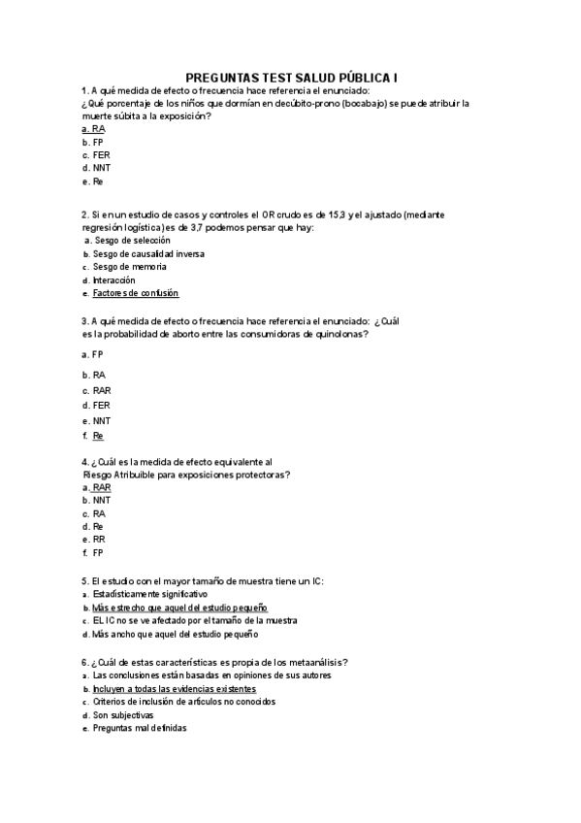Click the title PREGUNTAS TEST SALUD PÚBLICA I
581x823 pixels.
pyautogui.click(x=291, y=77)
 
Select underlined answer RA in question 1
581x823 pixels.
pyautogui.click(x=98, y=129)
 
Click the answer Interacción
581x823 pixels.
pyautogui.click(x=113, y=280)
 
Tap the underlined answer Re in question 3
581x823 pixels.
pyautogui.click(x=98, y=437)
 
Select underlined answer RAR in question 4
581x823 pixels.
pyautogui.click(x=101, y=488)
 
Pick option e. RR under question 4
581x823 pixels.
pyautogui.click(x=98, y=540)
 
